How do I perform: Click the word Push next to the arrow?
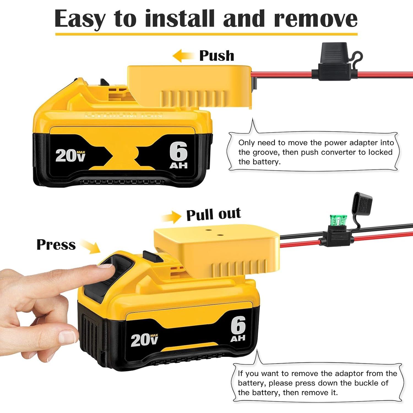click(x=217, y=56)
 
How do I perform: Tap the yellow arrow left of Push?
click(x=183, y=56)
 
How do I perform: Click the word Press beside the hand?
click(x=56, y=244)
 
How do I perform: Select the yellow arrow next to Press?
click(x=91, y=246)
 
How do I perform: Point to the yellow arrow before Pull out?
click(x=171, y=217)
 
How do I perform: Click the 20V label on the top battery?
click(x=70, y=156)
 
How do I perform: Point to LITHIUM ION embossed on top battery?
click(x=124, y=115)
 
